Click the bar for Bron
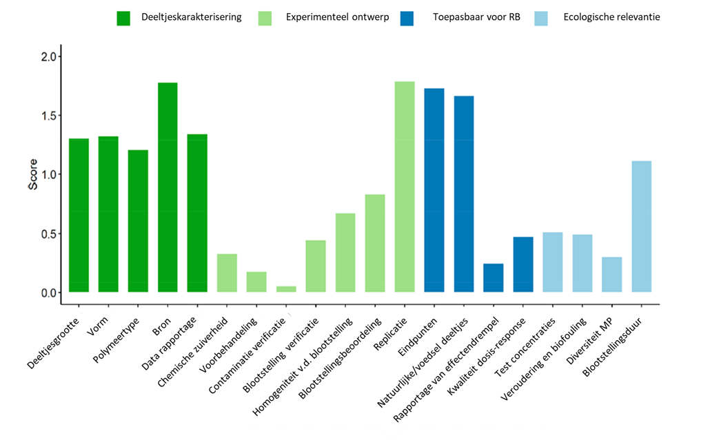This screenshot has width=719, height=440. [168, 187]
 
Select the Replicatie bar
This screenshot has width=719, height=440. [405, 187]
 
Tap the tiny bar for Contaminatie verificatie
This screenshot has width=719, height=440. [286, 289]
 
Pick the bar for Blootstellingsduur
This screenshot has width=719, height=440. [642, 227]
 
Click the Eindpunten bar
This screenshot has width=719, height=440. [434, 190]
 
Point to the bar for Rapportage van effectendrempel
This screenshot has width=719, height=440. [494, 278]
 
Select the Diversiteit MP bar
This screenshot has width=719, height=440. [611, 275]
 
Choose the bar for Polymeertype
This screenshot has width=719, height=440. [138, 221]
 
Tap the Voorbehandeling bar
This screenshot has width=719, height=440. [256, 282]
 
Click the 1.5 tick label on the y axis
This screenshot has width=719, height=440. [49, 116]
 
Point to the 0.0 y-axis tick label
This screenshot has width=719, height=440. [49, 293]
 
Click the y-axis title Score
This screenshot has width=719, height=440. [33, 174]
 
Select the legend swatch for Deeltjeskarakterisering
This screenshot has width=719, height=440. [123, 19]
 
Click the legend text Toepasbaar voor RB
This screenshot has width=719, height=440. [476, 17]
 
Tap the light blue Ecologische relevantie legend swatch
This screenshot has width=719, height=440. [541, 19]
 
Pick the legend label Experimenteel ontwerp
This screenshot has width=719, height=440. [338, 17]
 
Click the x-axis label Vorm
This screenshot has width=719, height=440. [98, 326]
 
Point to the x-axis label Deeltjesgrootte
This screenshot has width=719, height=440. [54, 342]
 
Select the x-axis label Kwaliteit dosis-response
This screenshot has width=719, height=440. [487, 355]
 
